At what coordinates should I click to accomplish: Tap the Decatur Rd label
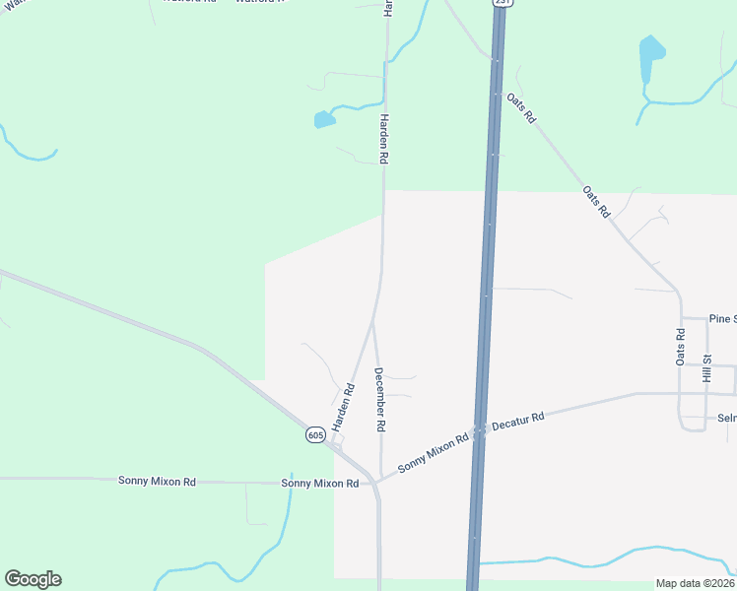tap(517, 425)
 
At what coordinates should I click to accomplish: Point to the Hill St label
tap(706, 369)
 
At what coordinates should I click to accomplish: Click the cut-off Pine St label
tap(723, 319)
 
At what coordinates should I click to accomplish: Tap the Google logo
tap(33, 579)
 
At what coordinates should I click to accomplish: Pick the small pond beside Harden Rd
tap(324, 120)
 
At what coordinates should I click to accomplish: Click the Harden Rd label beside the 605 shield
tap(343, 407)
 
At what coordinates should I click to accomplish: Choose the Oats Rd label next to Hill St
tap(681, 347)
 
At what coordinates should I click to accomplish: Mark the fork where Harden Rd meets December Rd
tap(372, 319)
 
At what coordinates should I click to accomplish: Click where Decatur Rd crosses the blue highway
tap(480, 431)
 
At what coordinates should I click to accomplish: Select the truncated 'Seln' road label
tap(727, 419)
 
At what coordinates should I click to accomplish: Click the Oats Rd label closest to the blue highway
tap(521, 107)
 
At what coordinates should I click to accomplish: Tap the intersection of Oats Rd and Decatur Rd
tap(680, 394)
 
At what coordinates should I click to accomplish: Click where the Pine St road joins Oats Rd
tap(680, 318)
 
